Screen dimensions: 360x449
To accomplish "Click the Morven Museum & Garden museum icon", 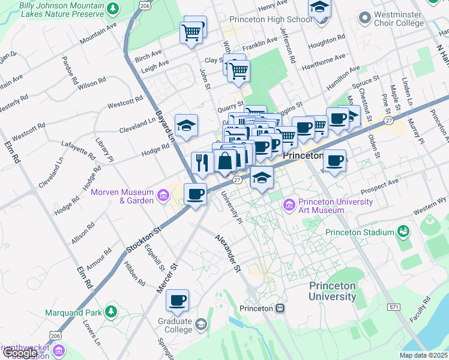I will tap(163, 196).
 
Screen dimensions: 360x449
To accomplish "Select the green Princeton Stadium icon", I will tap(403, 232).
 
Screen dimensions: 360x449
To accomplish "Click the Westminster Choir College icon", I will tap(363, 19).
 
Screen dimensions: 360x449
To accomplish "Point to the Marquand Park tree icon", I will tap(110, 312).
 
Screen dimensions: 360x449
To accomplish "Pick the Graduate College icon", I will tap(200, 325).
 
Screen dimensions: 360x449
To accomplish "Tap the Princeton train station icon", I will tap(280, 308).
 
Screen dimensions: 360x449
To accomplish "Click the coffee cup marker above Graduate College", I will tap(177, 300).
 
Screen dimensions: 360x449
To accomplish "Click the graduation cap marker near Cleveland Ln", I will tap(187, 125).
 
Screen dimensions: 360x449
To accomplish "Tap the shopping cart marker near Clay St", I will tap(239, 71).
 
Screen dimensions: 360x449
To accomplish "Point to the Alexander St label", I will tap(228, 251).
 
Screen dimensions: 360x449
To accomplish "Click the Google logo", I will tap(20, 353).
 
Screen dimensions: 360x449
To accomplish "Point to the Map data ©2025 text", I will tap(424, 355).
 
